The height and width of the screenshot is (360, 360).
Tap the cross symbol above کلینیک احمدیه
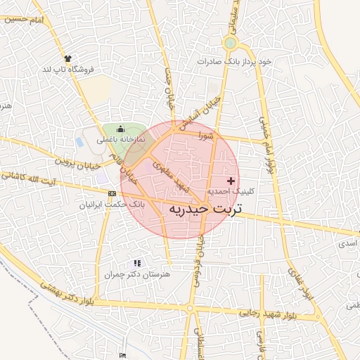coord(231,181)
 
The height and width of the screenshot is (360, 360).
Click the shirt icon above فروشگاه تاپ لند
coord(67,58)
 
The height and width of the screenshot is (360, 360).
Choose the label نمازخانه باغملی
coord(121,140)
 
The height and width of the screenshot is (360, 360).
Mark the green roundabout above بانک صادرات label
coord(230,44)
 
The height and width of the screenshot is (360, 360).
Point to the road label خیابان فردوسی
coord(199,261)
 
